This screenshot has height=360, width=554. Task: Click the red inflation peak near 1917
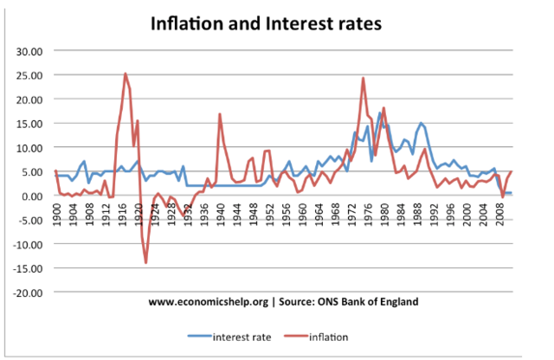pos(126,74)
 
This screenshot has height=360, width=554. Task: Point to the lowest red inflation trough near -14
pos(146,262)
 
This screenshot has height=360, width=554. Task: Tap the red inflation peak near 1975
pos(363,79)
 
